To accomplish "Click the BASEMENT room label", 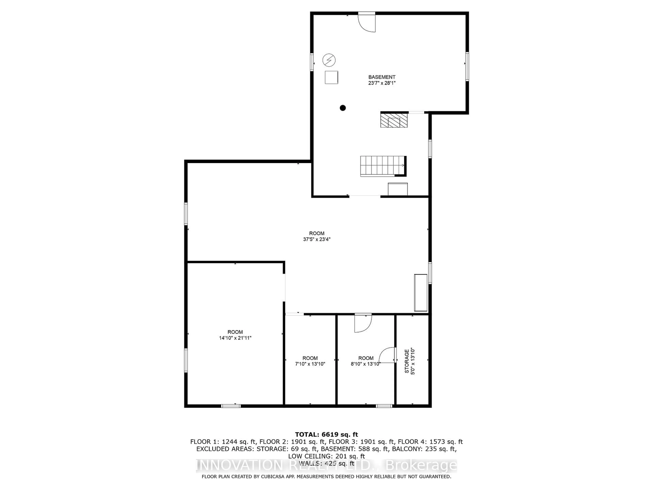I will [382, 77].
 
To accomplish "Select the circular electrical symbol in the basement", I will [329, 60].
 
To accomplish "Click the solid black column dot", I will [343, 108].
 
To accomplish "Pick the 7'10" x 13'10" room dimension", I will [310, 364].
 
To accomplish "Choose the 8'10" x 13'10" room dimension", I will [366, 364].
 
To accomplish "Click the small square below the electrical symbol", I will [331, 77].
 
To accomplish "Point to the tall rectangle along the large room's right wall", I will [421, 292].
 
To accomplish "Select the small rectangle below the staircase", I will [398, 189].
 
